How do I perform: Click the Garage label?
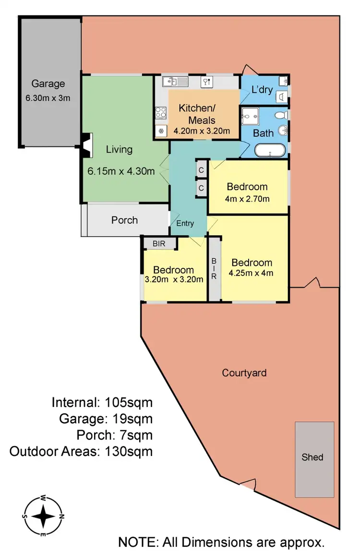click(x=48, y=84)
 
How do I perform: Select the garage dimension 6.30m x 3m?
click(x=48, y=98)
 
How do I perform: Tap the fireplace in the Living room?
click(x=86, y=145)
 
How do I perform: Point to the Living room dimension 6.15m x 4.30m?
click(x=121, y=171)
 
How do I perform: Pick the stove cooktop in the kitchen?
click(x=161, y=113)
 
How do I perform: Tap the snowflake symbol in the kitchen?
click(x=161, y=131)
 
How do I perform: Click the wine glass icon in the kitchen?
click(x=207, y=82)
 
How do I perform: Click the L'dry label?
click(x=262, y=90)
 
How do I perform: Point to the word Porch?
click(x=124, y=220)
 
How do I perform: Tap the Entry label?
click(x=185, y=223)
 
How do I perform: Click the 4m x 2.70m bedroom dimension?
click(x=247, y=198)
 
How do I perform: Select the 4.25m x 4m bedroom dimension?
click(x=252, y=274)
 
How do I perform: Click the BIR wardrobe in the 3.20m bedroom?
click(x=159, y=244)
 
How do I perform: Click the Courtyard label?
click(x=244, y=372)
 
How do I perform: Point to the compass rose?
click(x=43, y=516)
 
